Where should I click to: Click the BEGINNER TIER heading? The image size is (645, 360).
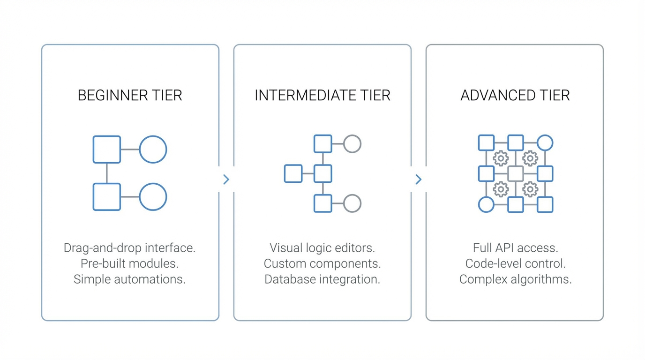pyautogui.click(x=130, y=96)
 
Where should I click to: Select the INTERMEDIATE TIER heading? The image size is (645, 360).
pyautogui.click(x=322, y=96)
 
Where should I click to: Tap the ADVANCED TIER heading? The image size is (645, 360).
pyautogui.click(x=515, y=96)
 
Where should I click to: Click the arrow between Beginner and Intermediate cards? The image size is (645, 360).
pyautogui.click(x=226, y=180)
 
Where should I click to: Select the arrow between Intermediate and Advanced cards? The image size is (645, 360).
pyautogui.click(x=419, y=180)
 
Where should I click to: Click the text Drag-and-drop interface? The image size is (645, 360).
pyautogui.click(x=129, y=248)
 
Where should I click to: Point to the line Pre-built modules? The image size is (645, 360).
pyautogui.click(x=129, y=263)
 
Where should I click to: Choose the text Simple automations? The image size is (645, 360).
pyautogui.click(x=129, y=279)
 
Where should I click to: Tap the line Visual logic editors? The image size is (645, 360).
pyautogui.click(x=322, y=248)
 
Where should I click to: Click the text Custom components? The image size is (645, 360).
pyautogui.click(x=322, y=263)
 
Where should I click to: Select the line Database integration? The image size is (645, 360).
pyautogui.click(x=322, y=279)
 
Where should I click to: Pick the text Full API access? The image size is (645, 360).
pyautogui.click(x=515, y=248)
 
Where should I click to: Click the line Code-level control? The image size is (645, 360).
pyautogui.click(x=515, y=263)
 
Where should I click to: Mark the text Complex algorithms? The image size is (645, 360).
pyautogui.click(x=515, y=279)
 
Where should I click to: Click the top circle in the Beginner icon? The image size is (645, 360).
pyautogui.click(x=153, y=150)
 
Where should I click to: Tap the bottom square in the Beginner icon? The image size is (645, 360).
pyautogui.click(x=107, y=197)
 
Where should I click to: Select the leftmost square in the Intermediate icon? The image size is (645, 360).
pyautogui.click(x=293, y=173)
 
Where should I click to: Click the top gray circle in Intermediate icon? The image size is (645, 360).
pyautogui.click(x=352, y=144)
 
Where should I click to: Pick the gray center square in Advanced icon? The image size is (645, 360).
pyautogui.click(x=516, y=173)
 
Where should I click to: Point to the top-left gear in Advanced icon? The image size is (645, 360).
pyautogui.click(x=501, y=158)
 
